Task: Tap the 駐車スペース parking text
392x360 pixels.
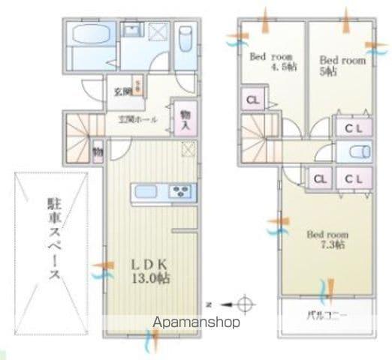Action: [x=54, y=238]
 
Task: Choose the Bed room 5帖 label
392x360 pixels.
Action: [x=342, y=64]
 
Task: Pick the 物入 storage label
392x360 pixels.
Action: [x=185, y=119]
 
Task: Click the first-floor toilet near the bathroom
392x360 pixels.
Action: [x=185, y=39]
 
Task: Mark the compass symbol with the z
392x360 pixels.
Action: [x=242, y=304]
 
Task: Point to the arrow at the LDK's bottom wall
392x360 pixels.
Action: [x=149, y=343]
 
